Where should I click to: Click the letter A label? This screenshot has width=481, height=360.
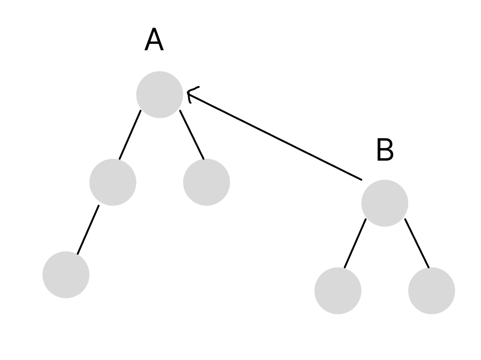[154, 40]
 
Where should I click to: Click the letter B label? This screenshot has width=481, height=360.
[385, 151]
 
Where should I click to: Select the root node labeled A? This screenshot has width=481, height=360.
[160, 95]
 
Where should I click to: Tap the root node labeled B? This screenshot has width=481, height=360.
[385, 203]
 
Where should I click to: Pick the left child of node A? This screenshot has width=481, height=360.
[113, 182]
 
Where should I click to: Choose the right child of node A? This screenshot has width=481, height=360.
[206, 182]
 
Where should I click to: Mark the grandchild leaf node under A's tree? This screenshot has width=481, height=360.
[66, 275]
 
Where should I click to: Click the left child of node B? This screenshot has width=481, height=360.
[338, 291]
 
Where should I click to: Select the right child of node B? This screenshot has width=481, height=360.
[431, 291]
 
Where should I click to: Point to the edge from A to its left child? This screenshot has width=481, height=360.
[130, 135]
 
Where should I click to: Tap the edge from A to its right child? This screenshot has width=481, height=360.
[192, 135]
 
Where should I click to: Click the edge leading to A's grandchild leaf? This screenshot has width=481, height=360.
[88, 230]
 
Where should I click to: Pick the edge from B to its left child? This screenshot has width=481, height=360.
[355, 243]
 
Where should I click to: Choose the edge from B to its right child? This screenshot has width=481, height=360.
[417, 243]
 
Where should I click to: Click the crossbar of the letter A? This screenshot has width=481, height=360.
[154, 44]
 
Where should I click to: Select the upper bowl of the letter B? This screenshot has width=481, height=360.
[385, 145]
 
